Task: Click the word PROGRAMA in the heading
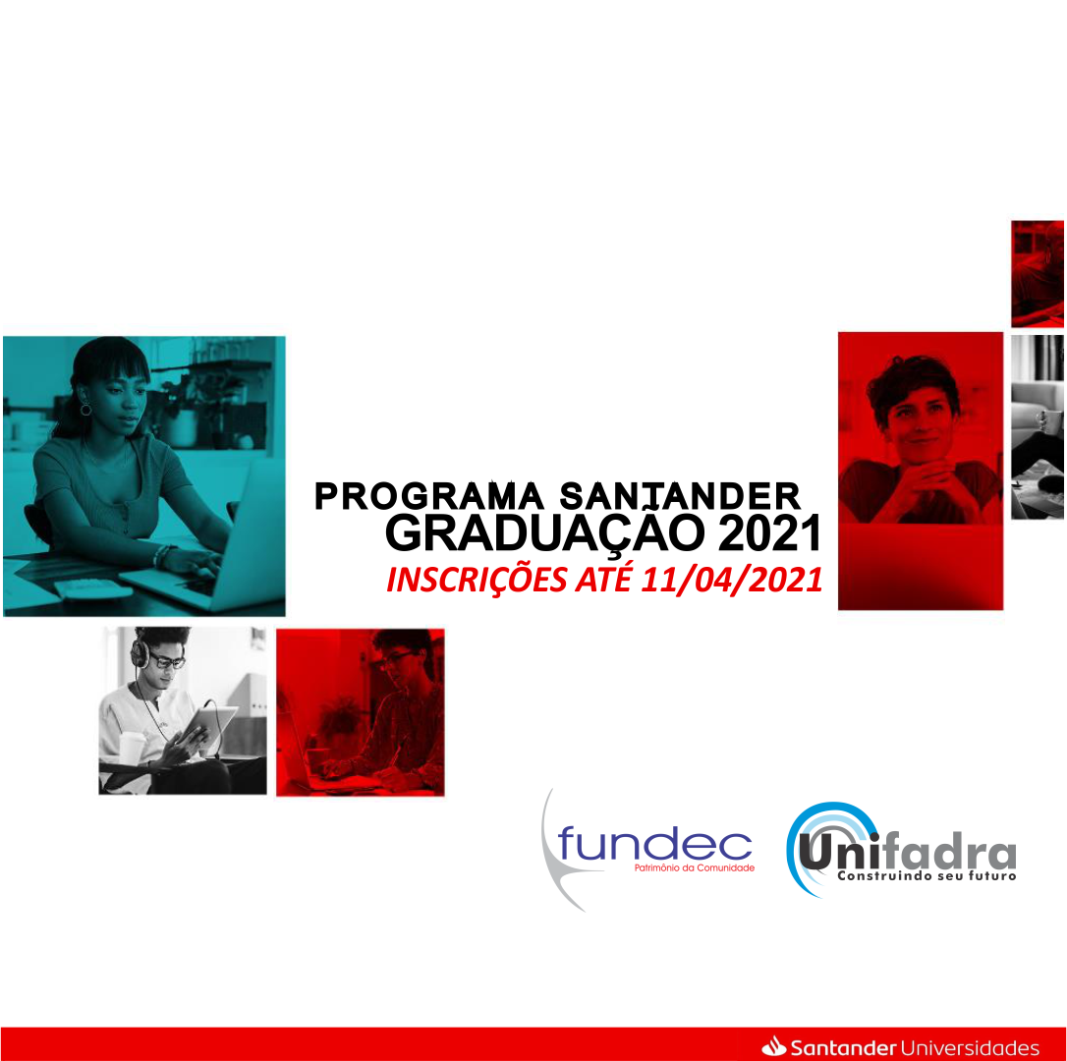[x=428, y=496]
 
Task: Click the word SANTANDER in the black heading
[x=680, y=496]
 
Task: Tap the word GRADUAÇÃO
[x=545, y=535]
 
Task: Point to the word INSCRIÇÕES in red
[x=477, y=580]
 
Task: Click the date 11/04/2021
[x=732, y=580]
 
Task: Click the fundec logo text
[x=654, y=843]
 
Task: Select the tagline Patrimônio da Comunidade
[x=694, y=867]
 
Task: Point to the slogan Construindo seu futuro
[x=927, y=876]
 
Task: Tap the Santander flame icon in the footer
[x=773, y=1046]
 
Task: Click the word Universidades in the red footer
[x=970, y=1047]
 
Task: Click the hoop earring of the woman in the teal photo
[x=85, y=410]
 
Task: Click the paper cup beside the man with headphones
[x=132, y=748]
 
